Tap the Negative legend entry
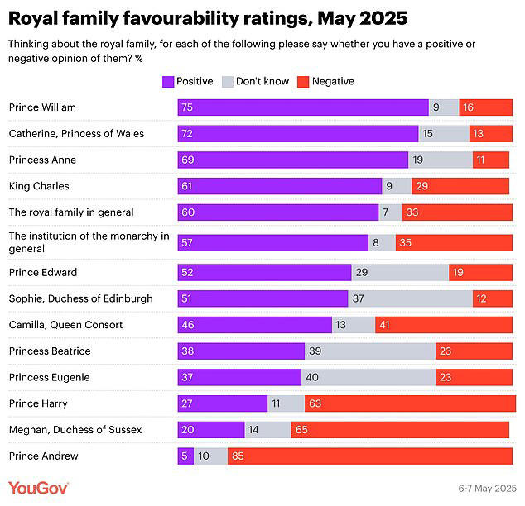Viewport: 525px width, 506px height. [x=333, y=81]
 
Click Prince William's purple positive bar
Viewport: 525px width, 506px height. [x=303, y=107]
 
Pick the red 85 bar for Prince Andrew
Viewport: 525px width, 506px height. [x=369, y=456]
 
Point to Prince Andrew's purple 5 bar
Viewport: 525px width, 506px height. [x=185, y=456]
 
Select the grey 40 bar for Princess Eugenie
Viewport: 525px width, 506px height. [x=368, y=377]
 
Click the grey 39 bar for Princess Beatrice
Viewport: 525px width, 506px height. [x=370, y=351]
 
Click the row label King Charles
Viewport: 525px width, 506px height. [x=39, y=186]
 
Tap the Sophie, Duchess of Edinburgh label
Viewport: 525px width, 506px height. [x=80, y=298]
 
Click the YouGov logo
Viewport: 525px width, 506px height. [x=39, y=487]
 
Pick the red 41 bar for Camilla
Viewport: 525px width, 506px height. [x=443, y=325]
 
